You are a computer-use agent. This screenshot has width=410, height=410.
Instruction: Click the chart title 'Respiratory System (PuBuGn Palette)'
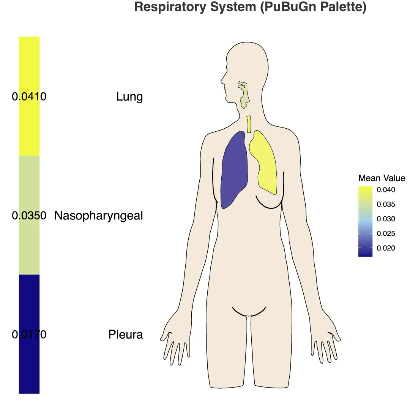250,7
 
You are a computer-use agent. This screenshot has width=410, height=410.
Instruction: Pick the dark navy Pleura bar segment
29,364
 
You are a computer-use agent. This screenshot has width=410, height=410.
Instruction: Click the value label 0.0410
29,97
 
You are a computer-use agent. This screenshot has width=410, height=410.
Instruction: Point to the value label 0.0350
29,216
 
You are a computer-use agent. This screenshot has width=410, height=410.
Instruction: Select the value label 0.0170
29,334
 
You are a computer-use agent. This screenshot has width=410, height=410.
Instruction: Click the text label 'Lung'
129,97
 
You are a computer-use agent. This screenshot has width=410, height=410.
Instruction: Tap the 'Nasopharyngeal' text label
99,216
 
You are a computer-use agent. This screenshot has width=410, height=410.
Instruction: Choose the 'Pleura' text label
126,334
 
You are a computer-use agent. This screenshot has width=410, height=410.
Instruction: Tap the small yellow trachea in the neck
249,124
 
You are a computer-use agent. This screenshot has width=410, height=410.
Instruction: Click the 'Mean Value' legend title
382,178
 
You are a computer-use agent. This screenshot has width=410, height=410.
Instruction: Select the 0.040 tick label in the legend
386,189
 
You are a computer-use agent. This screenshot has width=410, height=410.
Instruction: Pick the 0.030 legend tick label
386,219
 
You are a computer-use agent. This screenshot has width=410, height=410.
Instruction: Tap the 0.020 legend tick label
386,248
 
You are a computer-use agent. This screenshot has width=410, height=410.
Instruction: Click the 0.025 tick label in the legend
386,234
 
